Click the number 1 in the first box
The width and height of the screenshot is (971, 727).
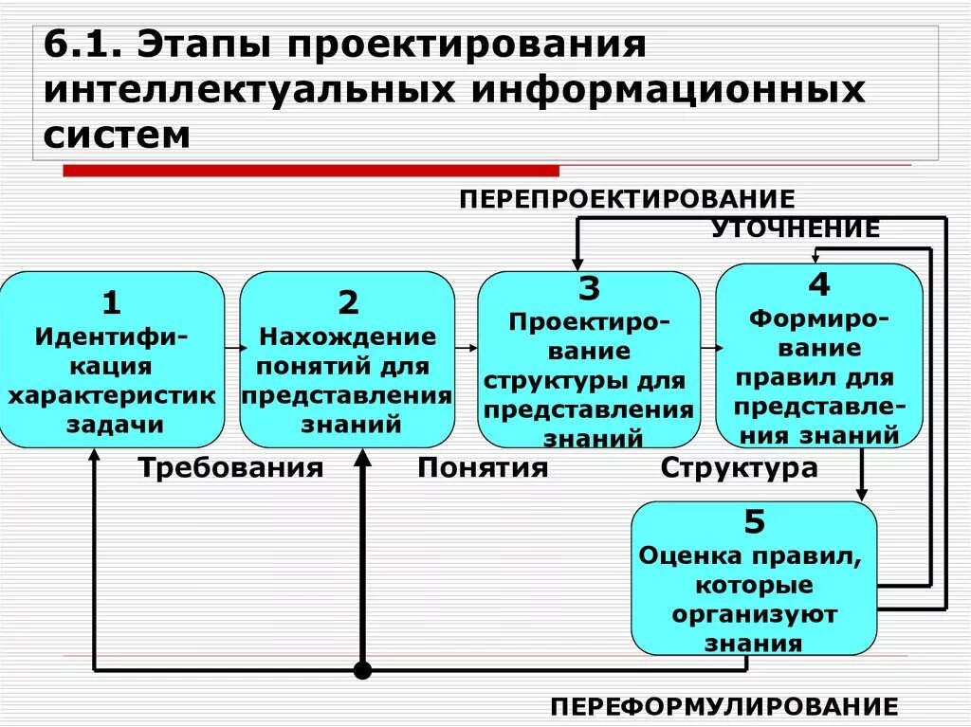pos(112,303)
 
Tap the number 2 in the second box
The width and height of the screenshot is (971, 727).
pos(348,303)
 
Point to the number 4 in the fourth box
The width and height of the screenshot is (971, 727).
pos(818,283)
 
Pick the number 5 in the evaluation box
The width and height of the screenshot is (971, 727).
pos(755,522)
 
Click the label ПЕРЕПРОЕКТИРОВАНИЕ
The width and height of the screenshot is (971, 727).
pos(627,199)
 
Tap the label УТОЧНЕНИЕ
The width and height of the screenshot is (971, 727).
pos(796,228)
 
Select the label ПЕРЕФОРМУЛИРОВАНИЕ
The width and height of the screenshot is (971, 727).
pos(724,706)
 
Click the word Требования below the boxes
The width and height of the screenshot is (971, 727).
pos(231,468)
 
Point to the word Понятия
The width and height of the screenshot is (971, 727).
pos(483,468)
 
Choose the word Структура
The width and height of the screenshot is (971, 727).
pos(739,468)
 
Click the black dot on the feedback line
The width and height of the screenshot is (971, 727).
pos(361,671)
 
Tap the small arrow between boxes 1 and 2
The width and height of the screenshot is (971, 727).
pos(231,349)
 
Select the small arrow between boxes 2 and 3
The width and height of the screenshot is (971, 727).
pos(466,349)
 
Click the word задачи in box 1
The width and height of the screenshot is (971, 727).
pos(113,425)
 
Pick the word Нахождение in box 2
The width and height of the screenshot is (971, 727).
pos(348,336)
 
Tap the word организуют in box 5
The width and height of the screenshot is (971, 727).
pos(755,614)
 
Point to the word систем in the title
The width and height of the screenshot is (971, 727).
pos(117,134)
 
